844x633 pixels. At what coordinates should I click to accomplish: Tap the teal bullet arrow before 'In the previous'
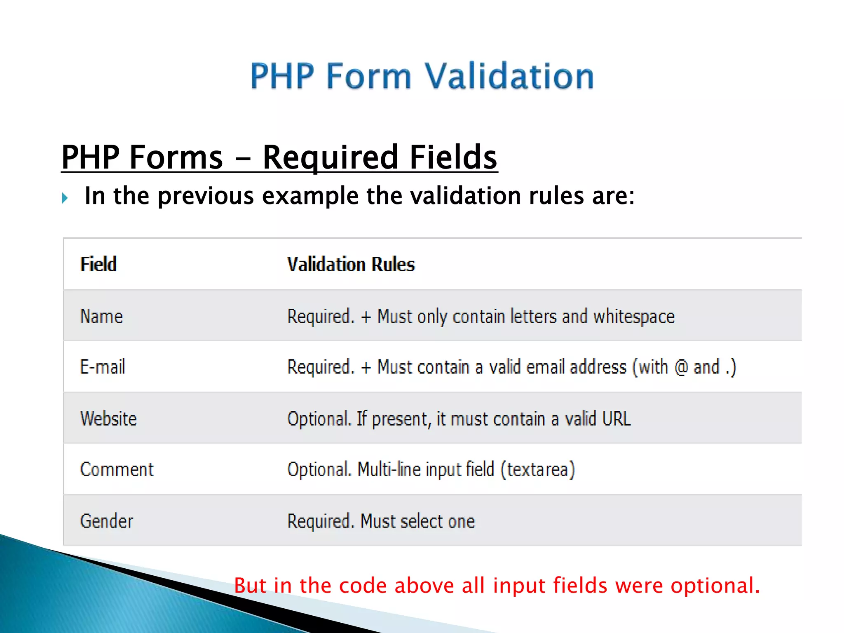[65, 198]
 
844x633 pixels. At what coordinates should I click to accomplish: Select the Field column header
[98, 264]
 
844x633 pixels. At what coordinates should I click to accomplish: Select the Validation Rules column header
[351, 264]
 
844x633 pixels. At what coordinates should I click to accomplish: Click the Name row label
[101, 316]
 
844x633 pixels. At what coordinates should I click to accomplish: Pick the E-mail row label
[102, 367]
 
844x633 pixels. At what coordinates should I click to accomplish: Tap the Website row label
[108, 419]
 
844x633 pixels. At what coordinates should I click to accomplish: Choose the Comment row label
[117, 469]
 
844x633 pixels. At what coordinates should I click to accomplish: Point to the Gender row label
[106, 521]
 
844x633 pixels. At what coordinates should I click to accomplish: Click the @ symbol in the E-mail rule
[681, 367]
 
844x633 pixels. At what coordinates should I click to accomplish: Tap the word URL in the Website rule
[616, 419]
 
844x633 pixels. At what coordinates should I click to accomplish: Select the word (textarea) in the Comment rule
[537, 470]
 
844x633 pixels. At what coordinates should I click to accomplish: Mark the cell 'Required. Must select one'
[381, 521]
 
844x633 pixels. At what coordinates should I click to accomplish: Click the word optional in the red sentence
[715, 585]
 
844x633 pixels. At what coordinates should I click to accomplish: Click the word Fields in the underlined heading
[453, 157]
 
